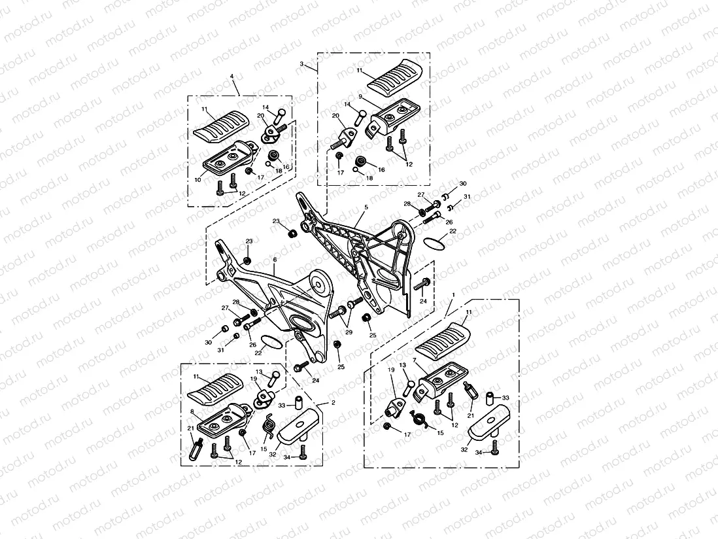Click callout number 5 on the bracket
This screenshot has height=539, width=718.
point(366,207)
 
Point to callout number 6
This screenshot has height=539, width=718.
point(275,260)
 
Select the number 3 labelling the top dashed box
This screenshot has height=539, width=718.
point(301,64)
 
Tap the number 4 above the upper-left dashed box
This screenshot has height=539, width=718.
point(231,77)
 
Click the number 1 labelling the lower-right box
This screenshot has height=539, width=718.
point(453,295)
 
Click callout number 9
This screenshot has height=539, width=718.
point(360,96)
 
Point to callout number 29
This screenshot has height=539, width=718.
point(349,333)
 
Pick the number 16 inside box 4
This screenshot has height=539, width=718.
point(286,167)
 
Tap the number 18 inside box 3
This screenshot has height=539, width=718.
point(369,178)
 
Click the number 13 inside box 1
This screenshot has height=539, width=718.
point(403,365)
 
